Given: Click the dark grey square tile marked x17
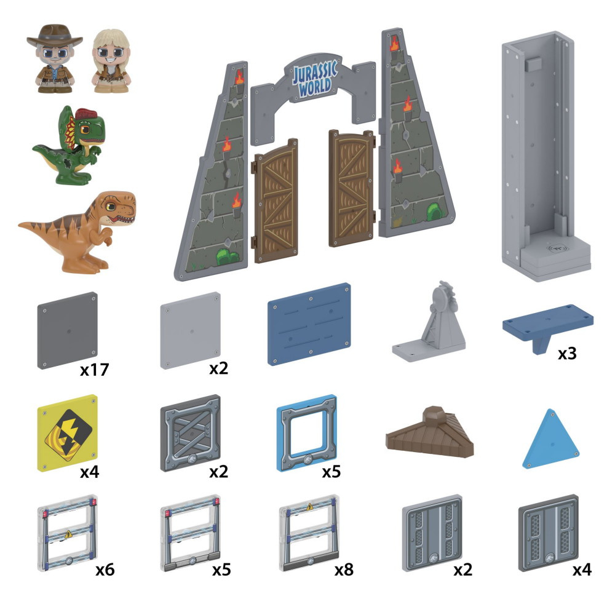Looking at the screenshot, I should pos(68,330).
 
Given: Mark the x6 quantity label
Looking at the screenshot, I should pos(105,570).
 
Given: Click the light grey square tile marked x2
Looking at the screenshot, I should pos(190,330).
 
